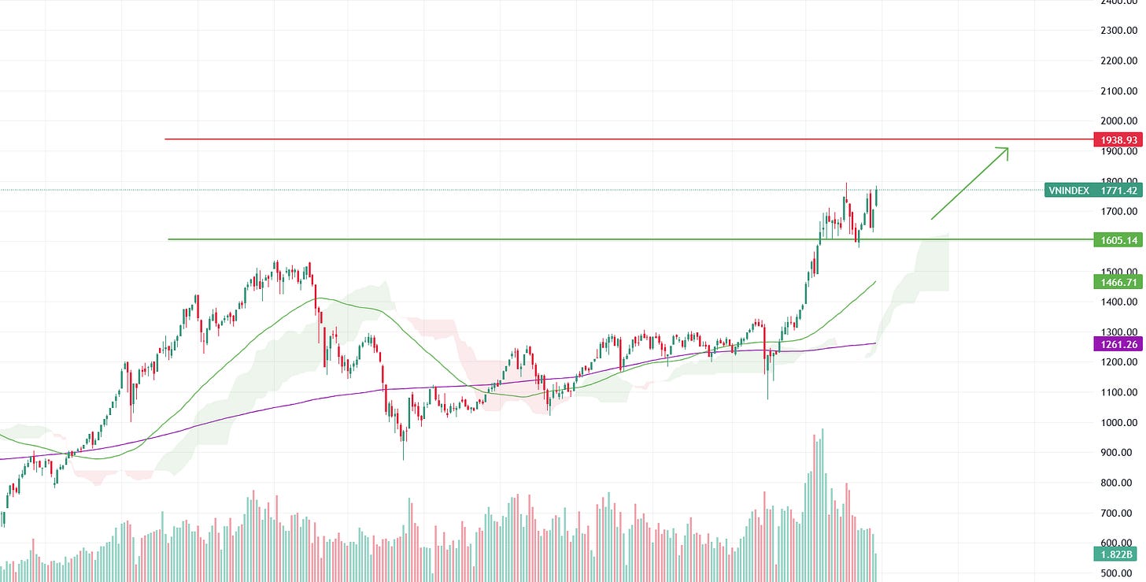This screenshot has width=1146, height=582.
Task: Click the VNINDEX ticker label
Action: pos(1067,190)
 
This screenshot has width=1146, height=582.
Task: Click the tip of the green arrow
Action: pos(1008,147)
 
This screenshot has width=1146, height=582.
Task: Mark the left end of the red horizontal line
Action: pos(165,139)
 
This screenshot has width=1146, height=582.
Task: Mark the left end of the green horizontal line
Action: pos(168,239)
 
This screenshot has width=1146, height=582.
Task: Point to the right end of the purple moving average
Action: pos(876,343)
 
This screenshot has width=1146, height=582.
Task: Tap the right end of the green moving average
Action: pos(876,280)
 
